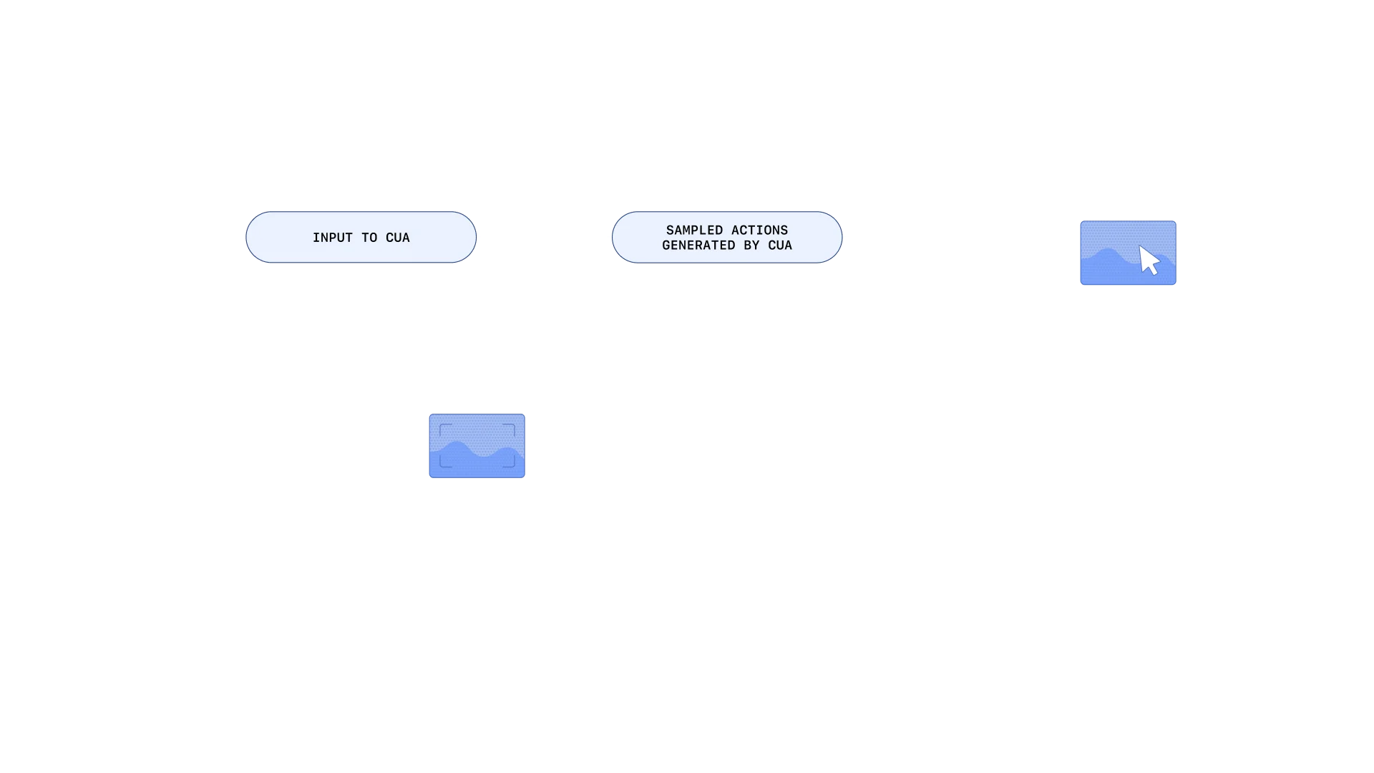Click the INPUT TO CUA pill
click(361, 238)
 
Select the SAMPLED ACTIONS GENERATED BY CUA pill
click(726, 238)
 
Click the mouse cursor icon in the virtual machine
click(1149, 261)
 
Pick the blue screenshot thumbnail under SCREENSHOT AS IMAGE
click(477, 446)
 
